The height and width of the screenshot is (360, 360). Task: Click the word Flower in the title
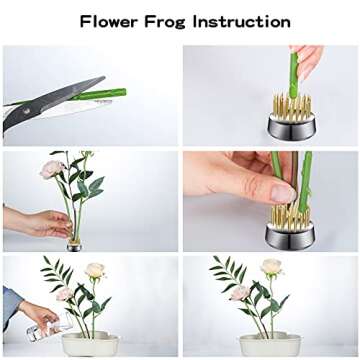pyautogui.click(x=113, y=21)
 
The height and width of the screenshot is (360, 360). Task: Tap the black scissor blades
pyautogui.click(x=40, y=109)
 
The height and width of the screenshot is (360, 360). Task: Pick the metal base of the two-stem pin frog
pyautogui.click(x=289, y=235)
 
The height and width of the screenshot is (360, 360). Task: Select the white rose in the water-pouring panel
pyautogui.click(x=95, y=270)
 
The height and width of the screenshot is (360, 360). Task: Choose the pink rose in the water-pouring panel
pyautogui.click(x=65, y=293)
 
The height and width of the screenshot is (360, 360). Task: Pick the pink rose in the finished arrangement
pyautogui.click(x=239, y=293)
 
